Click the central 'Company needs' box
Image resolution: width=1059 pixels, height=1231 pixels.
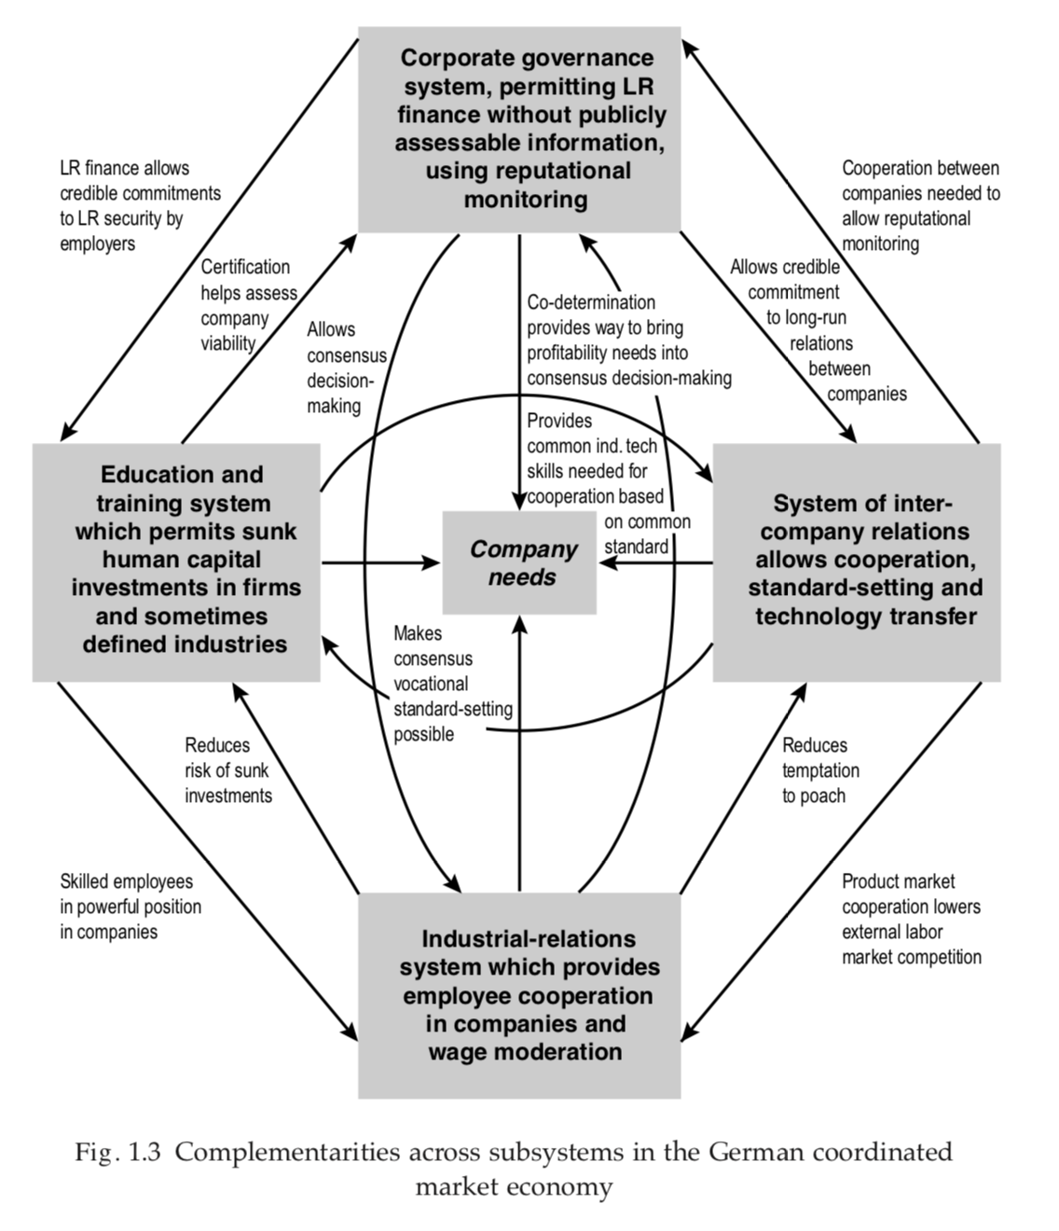tap(519, 562)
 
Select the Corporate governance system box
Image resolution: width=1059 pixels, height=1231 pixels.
tap(519, 129)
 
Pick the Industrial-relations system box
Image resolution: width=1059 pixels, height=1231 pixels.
tap(519, 995)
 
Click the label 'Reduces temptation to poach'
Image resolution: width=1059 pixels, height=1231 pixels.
tap(820, 770)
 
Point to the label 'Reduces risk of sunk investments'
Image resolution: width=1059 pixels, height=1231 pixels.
tap(227, 770)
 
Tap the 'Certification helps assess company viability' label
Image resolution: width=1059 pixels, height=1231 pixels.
tap(248, 305)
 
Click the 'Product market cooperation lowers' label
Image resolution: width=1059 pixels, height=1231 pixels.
tap(911, 919)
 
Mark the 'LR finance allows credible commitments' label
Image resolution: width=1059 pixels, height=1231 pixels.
tap(140, 205)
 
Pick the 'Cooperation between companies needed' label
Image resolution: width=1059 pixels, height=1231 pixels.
tap(920, 205)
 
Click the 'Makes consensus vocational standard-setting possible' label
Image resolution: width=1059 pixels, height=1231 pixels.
tap(451, 684)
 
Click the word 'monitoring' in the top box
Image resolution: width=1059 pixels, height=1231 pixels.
tap(526, 200)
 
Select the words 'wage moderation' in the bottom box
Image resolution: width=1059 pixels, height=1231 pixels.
tap(525, 1052)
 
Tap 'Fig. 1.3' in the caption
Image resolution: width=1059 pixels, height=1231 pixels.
tap(118, 1153)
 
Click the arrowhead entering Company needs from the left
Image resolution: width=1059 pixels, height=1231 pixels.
tap(433, 562)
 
